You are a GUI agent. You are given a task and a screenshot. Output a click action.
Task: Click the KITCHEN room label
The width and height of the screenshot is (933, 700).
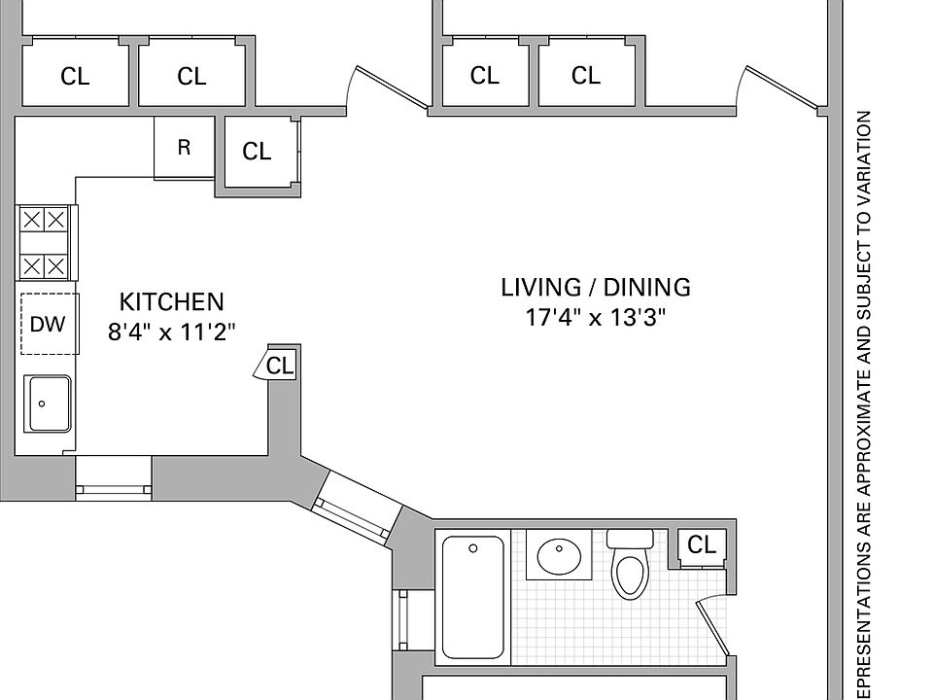tap(171, 301)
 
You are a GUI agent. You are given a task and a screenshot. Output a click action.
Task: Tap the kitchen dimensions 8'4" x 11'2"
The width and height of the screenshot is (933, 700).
tap(171, 332)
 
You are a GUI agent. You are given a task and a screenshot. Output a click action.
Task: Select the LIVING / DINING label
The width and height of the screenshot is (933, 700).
tap(596, 287)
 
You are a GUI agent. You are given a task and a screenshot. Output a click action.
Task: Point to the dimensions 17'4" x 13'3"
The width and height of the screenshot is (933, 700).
tap(596, 317)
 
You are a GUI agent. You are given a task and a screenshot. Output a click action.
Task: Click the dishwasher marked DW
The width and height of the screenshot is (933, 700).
tap(48, 324)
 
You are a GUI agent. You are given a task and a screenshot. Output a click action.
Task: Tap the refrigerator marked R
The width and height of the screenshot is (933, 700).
tap(184, 148)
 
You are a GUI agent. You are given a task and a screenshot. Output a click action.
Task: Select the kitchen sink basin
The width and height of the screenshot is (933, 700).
tap(48, 402)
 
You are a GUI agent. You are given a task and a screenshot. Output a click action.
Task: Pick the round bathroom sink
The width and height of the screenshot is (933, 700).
tap(560, 557)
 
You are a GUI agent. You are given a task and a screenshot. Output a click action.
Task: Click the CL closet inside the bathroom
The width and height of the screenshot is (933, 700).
tap(701, 545)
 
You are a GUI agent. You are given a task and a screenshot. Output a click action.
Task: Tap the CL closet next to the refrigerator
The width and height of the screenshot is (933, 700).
tap(257, 151)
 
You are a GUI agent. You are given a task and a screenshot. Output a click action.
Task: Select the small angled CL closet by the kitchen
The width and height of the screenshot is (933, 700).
tap(277, 366)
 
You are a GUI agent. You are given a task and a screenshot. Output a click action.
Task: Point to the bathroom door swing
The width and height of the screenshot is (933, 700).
tap(714, 627)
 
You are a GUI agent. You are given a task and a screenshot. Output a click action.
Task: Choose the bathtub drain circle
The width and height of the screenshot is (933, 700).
tap(473, 548)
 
